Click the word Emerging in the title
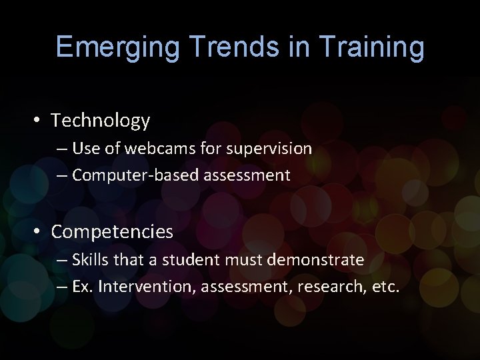pyautogui.click(x=117, y=48)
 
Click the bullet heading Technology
pyautogui.click(x=101, y=121)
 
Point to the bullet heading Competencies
pyautogui.click(x=112, y=232)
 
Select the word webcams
pyautogui.click(x=161, y=148)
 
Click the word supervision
pyautogui.click(x=269, y=149)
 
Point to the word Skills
pyautogui.click(x=89, y=259)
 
